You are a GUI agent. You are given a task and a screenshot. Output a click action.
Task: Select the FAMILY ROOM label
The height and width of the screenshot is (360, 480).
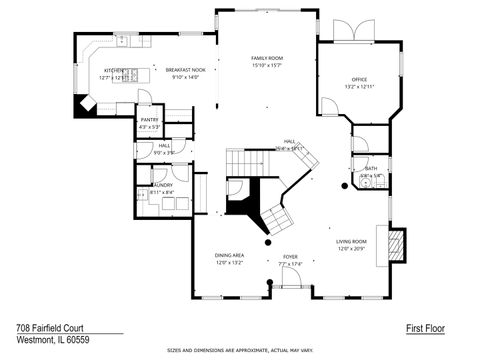pos(267,59)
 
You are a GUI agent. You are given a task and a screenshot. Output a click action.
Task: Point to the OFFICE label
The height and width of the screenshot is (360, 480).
pos(359,79)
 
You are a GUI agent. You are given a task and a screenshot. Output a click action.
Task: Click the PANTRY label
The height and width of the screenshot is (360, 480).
pos(149,120)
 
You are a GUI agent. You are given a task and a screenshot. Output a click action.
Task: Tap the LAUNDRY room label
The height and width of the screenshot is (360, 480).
pos(160,186)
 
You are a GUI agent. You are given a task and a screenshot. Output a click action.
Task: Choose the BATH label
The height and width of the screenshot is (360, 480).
pos(370,169)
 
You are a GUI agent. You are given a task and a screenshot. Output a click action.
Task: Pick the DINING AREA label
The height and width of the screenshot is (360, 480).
pos(230,255)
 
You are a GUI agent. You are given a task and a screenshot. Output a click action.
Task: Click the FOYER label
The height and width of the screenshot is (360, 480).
pos(290,257)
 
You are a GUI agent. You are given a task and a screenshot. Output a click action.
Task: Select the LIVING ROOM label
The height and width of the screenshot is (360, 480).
pos(351,242)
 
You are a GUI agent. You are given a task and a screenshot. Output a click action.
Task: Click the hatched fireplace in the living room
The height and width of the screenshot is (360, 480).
pos(397,244)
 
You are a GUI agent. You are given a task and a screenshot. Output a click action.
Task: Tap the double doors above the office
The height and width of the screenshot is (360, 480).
pos(353,32)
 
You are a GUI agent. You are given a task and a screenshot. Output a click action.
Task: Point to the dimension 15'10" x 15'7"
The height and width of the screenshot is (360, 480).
pos(267,66)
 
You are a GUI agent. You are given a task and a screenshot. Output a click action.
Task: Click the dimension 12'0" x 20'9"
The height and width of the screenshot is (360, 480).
pos(351,248)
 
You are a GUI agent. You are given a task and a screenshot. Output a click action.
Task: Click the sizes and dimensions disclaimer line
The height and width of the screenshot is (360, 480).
pos(240,351)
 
